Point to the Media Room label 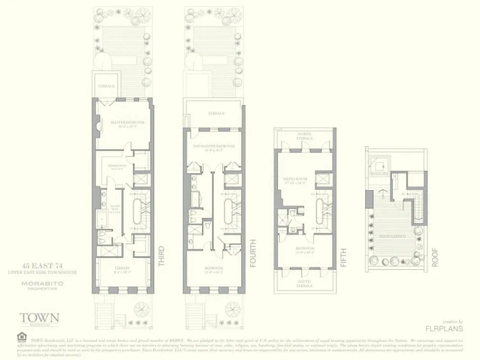click(x=295, y=180)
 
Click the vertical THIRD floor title click(x=161, y=256)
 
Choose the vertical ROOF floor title click(x=435, y=257)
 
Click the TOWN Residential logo click(x=39, y=319)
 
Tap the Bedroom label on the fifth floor click(x=305, y=248)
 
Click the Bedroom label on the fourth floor click(x=214, y=269)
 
